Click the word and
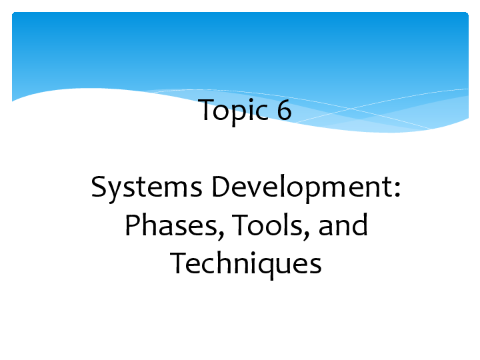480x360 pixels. [343, 227]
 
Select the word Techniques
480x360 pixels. [246, 265]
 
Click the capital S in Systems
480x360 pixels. [99, 188]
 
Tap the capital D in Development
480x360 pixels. [222, 188]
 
